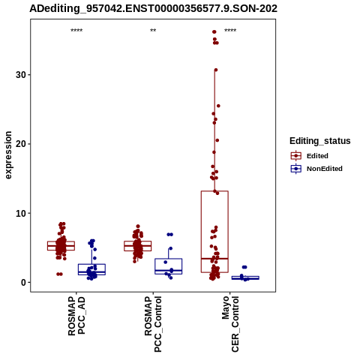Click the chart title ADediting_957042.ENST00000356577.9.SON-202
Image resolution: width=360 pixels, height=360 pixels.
tap(153, 9)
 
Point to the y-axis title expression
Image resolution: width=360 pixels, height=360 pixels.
tap(8, 155)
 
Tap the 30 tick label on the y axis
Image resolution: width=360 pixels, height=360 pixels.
tap(21, 75)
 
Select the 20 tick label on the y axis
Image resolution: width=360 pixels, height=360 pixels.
tap(21, 144)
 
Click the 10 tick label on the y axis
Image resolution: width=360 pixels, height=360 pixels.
tap(21, 213)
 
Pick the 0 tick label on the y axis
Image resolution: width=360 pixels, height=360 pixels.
tap(23, 283)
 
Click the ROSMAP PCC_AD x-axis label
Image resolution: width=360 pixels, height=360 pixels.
tap(76, 316)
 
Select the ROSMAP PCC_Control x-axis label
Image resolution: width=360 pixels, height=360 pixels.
tap(153, 324)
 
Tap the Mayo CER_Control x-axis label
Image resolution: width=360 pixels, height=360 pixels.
tap(230, 324)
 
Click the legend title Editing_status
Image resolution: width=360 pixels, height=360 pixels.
tap(320, 141)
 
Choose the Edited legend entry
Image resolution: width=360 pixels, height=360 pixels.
tap(310, 156)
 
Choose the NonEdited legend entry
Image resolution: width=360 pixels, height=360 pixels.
tap(316, 169)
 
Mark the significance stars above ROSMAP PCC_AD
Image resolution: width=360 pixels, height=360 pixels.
tap(76, 31)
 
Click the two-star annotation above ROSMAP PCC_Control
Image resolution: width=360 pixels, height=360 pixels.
tap(153, 31)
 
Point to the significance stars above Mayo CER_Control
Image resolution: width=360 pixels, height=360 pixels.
tap(230, 31)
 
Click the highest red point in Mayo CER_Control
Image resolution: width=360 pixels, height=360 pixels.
tap(214, 31)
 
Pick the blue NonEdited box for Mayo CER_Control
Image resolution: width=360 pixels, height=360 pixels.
tap(245, 277)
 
